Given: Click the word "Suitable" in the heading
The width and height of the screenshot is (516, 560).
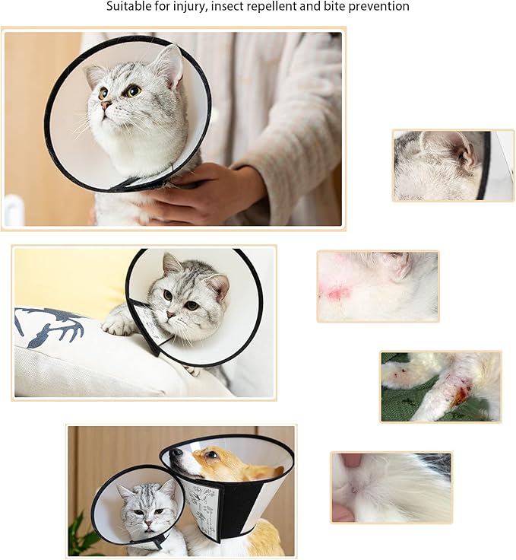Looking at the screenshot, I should point(128,7).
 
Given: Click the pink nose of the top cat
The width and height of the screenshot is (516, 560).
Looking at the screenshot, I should point(106,104).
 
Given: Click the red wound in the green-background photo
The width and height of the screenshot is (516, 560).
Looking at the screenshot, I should point(461,396).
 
